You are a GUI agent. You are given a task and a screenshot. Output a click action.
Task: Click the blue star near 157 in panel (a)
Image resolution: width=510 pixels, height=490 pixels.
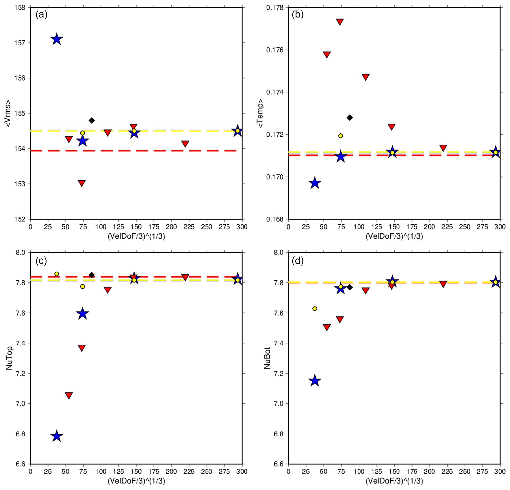(x=57, y=39)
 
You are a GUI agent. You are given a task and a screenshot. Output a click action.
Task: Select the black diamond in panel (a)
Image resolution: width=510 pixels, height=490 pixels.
(x=92, y=120)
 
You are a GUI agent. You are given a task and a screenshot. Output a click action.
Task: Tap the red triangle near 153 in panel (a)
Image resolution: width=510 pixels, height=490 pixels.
(x=82, y=183)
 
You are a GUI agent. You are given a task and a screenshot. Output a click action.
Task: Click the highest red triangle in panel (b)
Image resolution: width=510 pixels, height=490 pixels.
(x=340, y=22)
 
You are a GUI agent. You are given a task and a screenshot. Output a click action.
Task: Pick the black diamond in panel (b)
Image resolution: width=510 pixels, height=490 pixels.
(x=350, y=118)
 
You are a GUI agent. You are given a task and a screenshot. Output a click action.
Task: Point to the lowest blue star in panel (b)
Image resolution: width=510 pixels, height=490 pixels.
(x=315, y=183)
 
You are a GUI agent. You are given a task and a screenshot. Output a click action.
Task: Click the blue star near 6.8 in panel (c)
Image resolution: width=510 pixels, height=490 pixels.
(x=57, y=436)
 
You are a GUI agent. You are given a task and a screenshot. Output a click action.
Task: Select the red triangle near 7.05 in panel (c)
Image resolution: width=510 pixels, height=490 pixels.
(x=69, y=395)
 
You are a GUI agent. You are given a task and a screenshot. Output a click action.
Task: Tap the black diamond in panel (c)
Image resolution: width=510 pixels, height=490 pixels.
(x=92, y=275)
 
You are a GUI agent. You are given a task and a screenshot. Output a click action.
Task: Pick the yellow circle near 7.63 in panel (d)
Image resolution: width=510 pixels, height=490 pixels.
(x=315, y=309)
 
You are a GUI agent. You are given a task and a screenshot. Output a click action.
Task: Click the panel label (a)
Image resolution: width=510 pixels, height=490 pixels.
(x=41, y=15)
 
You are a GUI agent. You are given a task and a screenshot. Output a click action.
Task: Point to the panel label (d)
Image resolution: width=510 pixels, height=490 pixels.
(x=298, y=261)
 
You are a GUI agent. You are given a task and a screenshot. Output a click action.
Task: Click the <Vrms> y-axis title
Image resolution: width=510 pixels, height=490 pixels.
(x=8, y=113)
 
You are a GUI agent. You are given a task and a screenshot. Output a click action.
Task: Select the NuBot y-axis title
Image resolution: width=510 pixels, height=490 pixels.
(x=267, y=358)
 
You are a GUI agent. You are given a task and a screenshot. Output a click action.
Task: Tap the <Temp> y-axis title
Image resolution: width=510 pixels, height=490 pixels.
(x=260, y=113)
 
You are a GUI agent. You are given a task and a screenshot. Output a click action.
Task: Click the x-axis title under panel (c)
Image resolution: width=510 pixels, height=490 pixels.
(x=136, y=481)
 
